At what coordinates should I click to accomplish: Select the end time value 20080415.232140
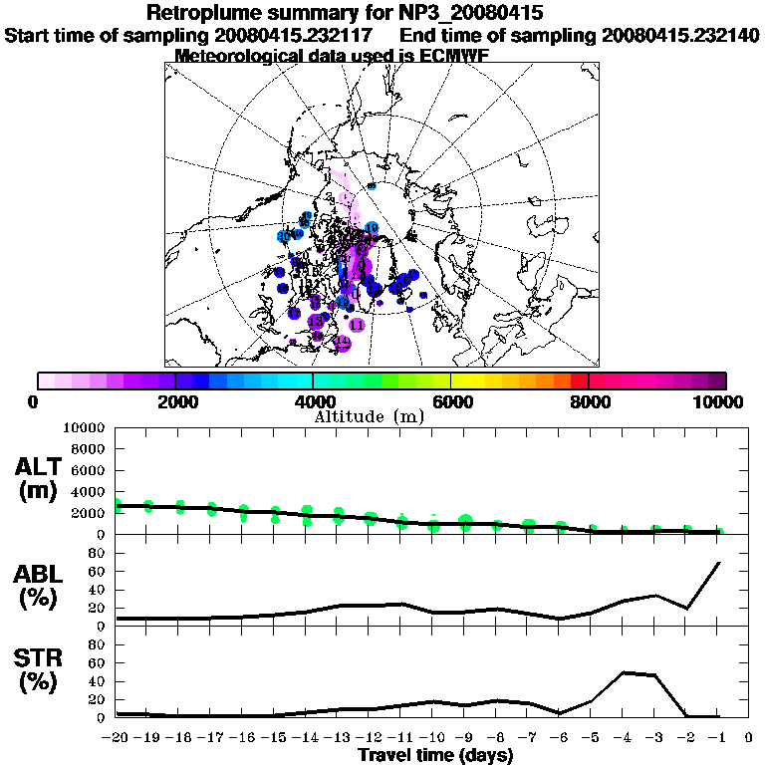tap(681, 35)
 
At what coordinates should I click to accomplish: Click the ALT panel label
tap(40, 467)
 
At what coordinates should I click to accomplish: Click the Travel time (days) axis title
tap(435, 755)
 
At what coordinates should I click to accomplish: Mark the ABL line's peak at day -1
tap(718, 563)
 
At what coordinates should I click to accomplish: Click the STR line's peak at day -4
tap(624, 672)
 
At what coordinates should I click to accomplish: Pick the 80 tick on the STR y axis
tap(98, 644)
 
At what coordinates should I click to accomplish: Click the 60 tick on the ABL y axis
tap(98, 572)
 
